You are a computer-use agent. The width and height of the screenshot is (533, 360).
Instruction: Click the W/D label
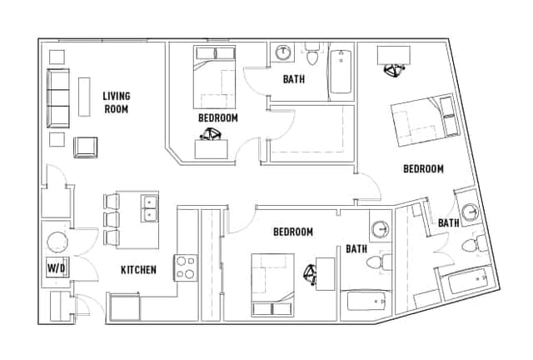56,268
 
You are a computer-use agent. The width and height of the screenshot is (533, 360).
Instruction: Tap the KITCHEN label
139,270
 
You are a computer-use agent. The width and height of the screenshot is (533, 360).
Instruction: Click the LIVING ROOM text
117,102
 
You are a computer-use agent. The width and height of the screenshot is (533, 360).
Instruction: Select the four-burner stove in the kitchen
186,267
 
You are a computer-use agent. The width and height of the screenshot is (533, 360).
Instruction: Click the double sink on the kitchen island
150,207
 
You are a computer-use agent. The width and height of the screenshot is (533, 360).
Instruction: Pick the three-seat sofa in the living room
58,98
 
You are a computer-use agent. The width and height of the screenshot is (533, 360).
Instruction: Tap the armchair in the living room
86,147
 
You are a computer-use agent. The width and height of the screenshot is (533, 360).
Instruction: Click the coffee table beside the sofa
84,97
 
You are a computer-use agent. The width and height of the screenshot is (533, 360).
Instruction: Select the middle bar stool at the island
112,219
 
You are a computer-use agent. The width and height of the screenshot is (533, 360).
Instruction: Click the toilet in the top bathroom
312,54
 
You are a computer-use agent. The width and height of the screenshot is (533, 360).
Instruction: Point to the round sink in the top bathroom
283,52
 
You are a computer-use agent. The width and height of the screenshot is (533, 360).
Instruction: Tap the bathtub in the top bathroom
341,72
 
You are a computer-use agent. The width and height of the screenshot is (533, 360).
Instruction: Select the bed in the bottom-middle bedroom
272,285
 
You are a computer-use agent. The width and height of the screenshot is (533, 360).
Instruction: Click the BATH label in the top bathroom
294,79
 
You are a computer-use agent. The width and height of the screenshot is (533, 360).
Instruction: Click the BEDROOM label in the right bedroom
423,169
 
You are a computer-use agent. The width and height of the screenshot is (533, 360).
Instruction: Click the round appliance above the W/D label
57,242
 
